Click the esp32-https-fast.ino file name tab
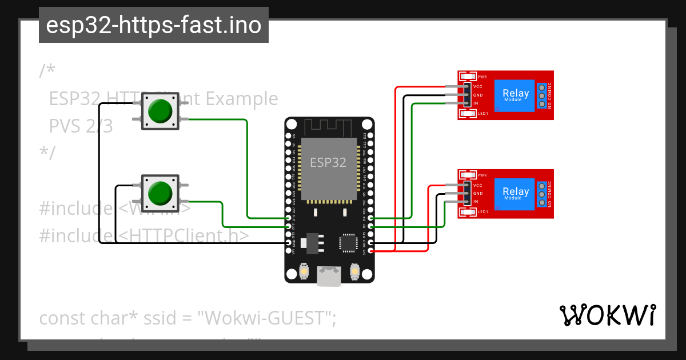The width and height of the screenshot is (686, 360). pos(153,25)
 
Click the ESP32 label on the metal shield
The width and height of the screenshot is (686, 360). pos(328,162)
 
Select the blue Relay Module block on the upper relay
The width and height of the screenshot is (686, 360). pos(515,95)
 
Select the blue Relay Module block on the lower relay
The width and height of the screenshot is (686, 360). pos(515,193)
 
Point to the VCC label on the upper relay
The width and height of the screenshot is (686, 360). pos(478,87)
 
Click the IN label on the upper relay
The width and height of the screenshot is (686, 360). pos(476,103)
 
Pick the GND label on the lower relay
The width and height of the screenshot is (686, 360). pos(478,194)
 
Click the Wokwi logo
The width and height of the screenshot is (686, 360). pos(607,315)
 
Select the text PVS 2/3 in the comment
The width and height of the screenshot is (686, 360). pos(81,126)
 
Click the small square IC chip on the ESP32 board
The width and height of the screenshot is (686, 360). pos(348,243)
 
